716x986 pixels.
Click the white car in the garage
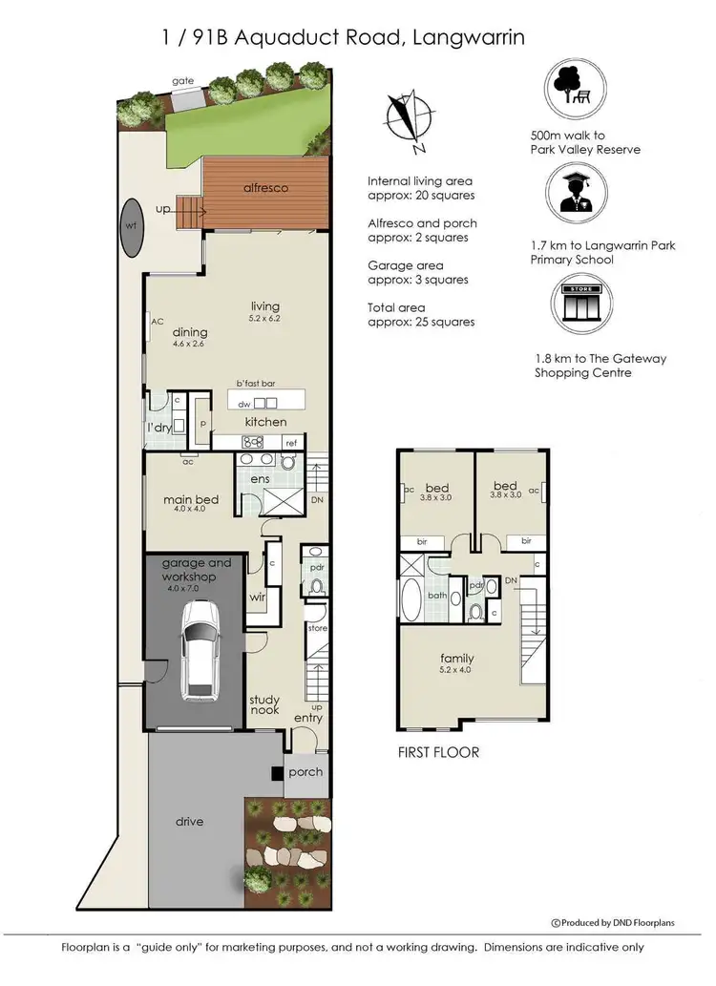pyautogui.click(x=200, y=657)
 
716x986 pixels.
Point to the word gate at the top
pyautogui.click(x=183, y=81)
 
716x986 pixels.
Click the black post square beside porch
pyautogui.click(x=277, y=773)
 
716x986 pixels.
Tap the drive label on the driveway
pyautogui.click(x=190, y=821)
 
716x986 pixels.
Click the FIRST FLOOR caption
pyautogui.click(x=438, y=752)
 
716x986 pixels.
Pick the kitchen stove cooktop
pyautogui.click(x=253, y=441)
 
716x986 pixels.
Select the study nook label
pyautogui.click(x=264, y=705)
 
